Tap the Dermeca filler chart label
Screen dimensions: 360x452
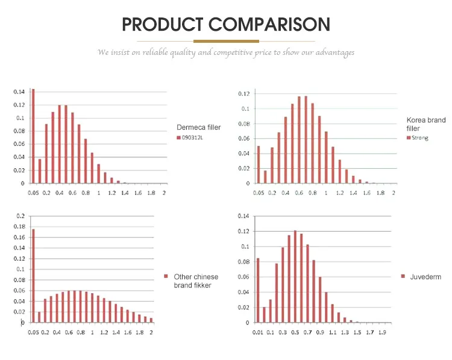pos(199,127)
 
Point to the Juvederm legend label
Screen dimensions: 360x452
pos(425,277)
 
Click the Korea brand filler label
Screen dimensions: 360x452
pos(426,124)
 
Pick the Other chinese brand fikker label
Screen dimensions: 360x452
pos(196,280)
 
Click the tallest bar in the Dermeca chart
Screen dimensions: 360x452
pos(33,136)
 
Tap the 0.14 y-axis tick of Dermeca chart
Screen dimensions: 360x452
pos(19,92)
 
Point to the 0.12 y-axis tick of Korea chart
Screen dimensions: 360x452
pos(244,94)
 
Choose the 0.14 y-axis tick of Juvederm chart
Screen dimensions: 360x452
pos(243,216)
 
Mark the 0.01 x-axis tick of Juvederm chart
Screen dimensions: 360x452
pos(258,332)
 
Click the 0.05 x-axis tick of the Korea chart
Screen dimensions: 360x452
pos(259,193)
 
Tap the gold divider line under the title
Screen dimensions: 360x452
pos(226,41)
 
